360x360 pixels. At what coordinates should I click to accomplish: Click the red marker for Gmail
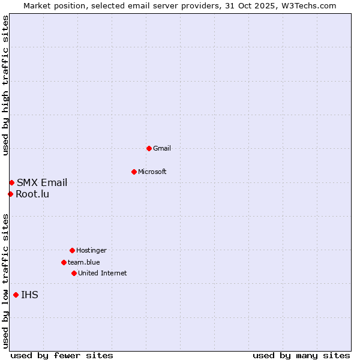pos(149,148)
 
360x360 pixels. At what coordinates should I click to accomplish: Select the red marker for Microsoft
pos(134,172)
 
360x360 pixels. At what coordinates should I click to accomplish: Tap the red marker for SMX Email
pos(11,182)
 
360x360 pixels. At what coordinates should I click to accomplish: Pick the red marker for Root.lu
pos(10,194)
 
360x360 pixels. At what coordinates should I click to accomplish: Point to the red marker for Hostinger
pos(72,250)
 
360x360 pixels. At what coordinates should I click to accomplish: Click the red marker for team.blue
pos(64,262)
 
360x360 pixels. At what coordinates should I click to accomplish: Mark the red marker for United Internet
pos(74,273)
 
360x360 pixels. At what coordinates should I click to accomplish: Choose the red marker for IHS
pos(16,295)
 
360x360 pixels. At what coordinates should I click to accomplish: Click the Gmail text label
pos(162,148)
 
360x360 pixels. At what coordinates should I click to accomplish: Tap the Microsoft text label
pos(152,172)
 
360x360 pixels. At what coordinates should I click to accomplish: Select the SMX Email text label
pos(42,183)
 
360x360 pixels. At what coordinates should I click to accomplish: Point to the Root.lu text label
pos(32,194)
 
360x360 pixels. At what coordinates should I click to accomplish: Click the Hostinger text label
pos(91,250)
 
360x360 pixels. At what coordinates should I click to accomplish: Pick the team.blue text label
pos(84,262)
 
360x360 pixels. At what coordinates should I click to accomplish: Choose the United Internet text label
pos(103,273)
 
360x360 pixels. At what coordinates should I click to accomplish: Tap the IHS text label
pos(29,295)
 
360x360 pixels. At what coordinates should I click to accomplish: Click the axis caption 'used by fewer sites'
pos(62,355)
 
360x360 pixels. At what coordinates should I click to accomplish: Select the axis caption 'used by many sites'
pos(301,355)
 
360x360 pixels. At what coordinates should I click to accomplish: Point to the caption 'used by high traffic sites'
pos(5,86)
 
